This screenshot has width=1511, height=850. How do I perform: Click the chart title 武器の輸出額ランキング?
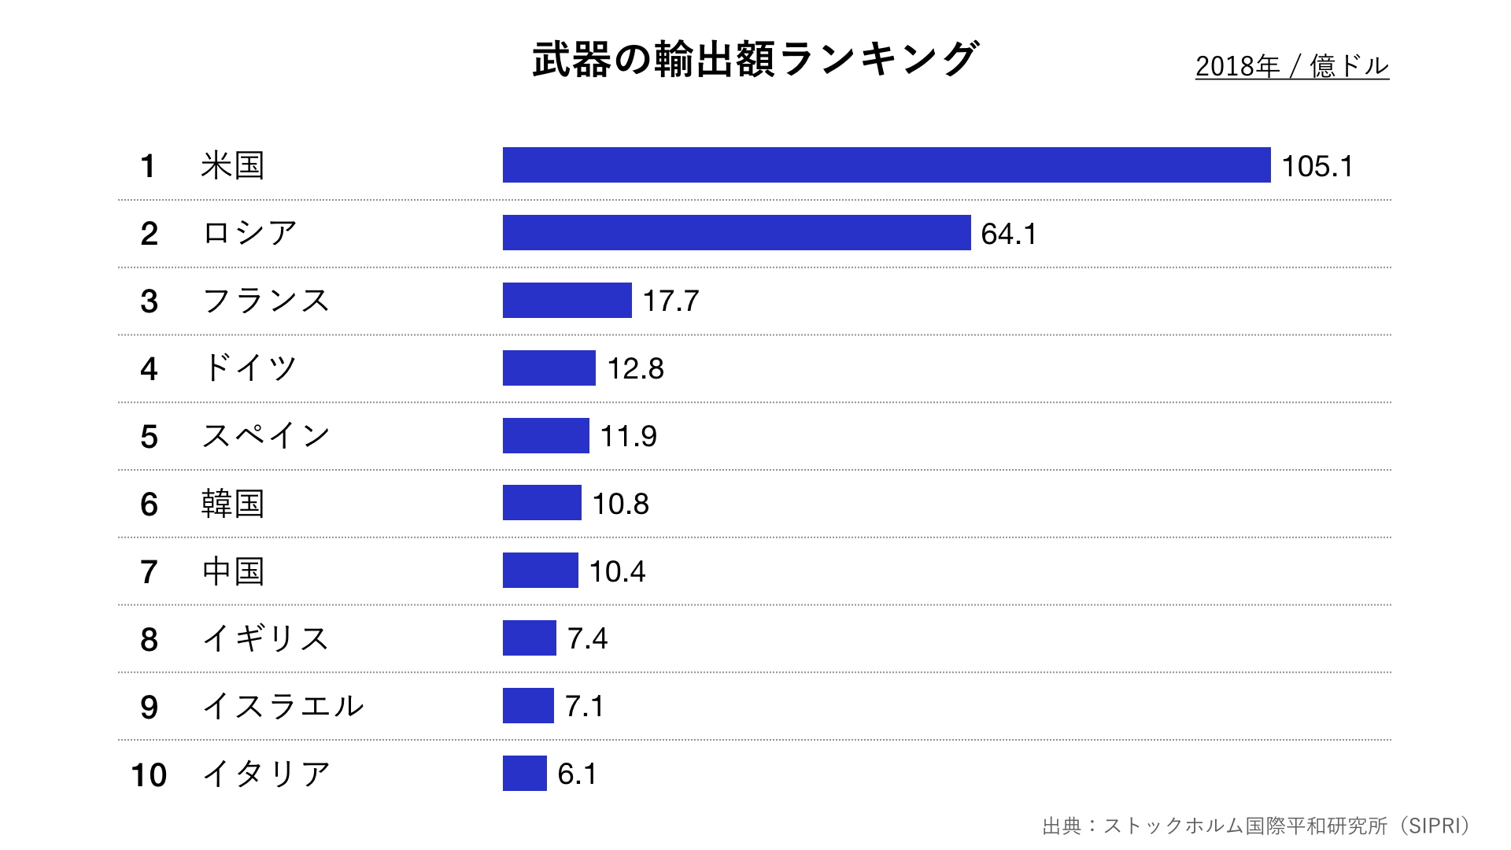tap(755, 60)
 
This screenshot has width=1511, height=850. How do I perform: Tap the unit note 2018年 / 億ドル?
tap(1291, 66)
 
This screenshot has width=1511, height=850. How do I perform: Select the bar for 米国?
tap(886, 165)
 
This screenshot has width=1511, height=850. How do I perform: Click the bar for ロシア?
tap(737, 233)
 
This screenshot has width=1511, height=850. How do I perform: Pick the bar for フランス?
tap(567, 301)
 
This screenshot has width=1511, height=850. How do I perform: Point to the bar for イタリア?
tap(524, 774)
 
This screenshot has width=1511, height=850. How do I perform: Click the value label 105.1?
tap(1317, 166)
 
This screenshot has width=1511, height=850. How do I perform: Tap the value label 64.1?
tap(1008, 234)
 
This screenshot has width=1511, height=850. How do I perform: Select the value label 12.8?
tap(635, 368)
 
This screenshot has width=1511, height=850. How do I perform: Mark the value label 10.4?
tap(617, 571)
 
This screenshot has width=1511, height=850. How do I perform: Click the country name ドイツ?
tap(249, 368)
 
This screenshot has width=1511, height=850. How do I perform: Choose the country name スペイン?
tap(265, 436)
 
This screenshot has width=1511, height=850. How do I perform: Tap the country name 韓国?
tap(232, 504)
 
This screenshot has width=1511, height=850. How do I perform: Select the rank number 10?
tap(149, 775)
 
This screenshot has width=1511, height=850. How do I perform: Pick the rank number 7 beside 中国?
tap(149, 572)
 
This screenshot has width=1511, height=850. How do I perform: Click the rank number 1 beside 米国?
tap(147, 167)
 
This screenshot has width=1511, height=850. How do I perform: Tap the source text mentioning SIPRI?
tap(1256, 826)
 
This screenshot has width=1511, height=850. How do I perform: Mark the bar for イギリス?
tap(529, 638)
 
